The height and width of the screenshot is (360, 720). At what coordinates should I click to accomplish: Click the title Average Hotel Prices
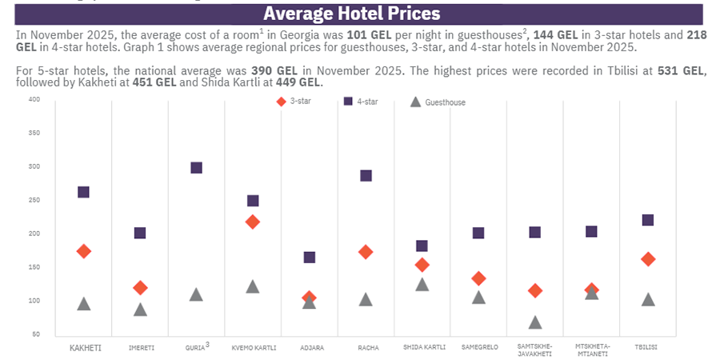click(x=351, y=14)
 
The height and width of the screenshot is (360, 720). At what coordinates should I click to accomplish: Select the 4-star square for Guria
click(x=196, y=168)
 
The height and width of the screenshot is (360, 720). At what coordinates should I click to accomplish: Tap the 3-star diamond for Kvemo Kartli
click(x=253, y=222)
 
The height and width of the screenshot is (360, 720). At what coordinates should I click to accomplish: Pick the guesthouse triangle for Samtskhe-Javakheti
click(x=535, y=322)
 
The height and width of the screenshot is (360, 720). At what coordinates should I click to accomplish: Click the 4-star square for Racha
click(x=366, y=176)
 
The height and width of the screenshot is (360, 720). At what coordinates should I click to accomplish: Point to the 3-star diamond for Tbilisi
click(x=648, y=259)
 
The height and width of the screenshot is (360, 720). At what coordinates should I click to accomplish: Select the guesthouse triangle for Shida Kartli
click(x=422, y=284)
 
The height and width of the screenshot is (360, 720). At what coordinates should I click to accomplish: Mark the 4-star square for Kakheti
click(x=83, y=192)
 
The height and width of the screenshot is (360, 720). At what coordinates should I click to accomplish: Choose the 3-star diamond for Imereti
click(x=140, y=287)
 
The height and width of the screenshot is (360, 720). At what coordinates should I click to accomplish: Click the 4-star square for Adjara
click(x=309, y=258)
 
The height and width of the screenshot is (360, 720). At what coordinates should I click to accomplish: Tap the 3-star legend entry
click(x=293, y=102)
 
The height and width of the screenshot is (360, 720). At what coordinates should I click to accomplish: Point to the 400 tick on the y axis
click(x=34, y=99)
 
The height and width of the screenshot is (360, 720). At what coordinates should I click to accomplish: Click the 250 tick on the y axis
click(x=34, y=200)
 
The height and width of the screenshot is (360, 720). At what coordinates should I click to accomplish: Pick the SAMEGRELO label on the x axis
click(x=478, y=348)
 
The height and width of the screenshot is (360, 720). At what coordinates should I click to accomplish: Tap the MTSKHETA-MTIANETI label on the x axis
click(x=592, y=350)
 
